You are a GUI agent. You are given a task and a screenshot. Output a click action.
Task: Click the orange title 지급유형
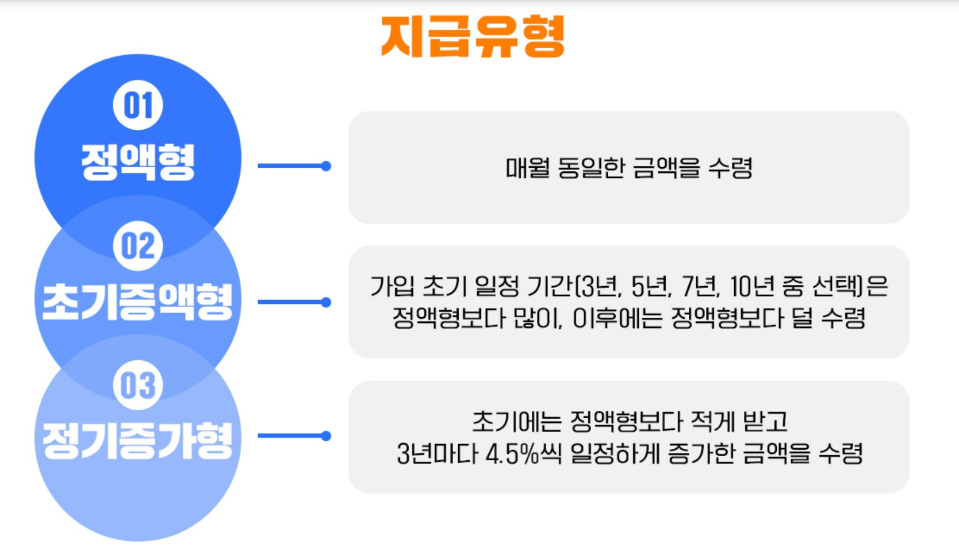pyautogui.click(x=473, y=37)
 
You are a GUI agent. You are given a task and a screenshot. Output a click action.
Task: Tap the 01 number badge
pyautogui.click(x=138, y=105)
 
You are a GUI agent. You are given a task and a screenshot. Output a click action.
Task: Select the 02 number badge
pyautogui.click(x=138, y=246)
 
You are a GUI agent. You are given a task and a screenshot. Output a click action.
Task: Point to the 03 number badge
pyautogui.click(x=138, y=385)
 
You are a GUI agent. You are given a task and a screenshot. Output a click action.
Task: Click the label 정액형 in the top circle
pyautogui.click(x=138, y=162)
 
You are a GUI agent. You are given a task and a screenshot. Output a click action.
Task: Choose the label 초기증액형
pyautogui.click(x=137, y=302)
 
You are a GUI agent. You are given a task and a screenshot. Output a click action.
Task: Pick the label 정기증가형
pyautogui.click(x=137, y=441)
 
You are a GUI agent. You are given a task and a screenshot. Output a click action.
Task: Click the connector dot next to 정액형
pyautogui.click(x=326, y=166)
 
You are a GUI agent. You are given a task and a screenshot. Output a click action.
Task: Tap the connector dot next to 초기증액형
pyautogui.click(x=326, y=302)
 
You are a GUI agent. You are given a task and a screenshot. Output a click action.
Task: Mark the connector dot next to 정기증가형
pyautogui.click(x=326, y=436)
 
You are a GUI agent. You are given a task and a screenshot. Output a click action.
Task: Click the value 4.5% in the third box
pyautogui.click(x=511, y=454)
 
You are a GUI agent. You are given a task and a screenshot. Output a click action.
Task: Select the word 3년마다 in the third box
pyautogui.click(x=438, y=454)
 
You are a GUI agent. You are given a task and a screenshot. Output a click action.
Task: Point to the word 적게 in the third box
pyautogui.click(x=712, y=422)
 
